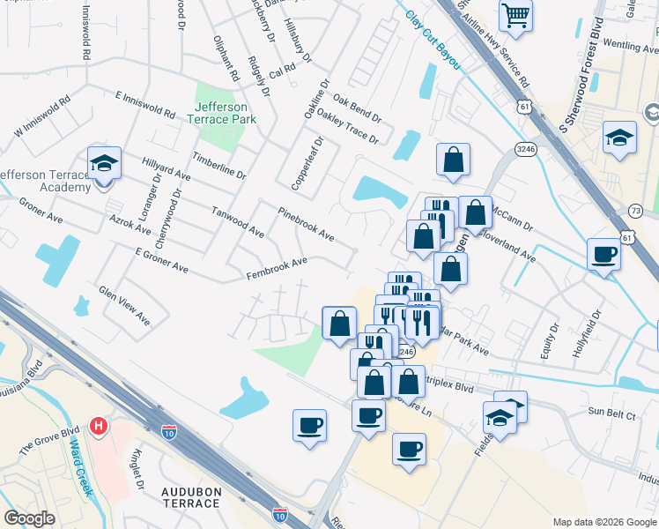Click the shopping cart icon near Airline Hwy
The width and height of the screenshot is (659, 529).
pos(515,14)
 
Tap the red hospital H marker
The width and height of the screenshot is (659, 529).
pos(100,426)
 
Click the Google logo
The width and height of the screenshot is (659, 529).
pos(29,518)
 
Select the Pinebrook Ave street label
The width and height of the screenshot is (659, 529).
pos(306,225)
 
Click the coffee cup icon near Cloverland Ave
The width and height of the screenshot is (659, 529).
pos(603,254)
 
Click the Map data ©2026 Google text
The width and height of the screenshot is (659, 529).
pos(603,522)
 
